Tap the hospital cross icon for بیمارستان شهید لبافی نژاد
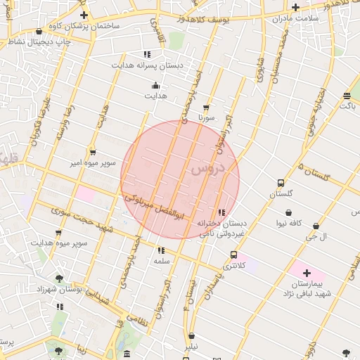click(x=307, y=272)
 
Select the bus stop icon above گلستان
click(x=281, y=183)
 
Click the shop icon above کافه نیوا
click(x=289, y=212)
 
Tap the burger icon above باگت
click(x=347, y=96)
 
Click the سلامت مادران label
click(x=295, y=18)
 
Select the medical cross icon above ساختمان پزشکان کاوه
click(x=84, y=15)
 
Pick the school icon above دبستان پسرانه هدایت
click(x=147, y=54)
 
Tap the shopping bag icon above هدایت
click(x=155, y=86)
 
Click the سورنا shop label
click(x=205, y=117)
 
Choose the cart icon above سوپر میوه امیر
click(x=92, y=153)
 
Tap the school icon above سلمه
click(x=161, y=250)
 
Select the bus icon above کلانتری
click(x=233, y=255)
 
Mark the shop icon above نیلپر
click(x=191, y=336)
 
